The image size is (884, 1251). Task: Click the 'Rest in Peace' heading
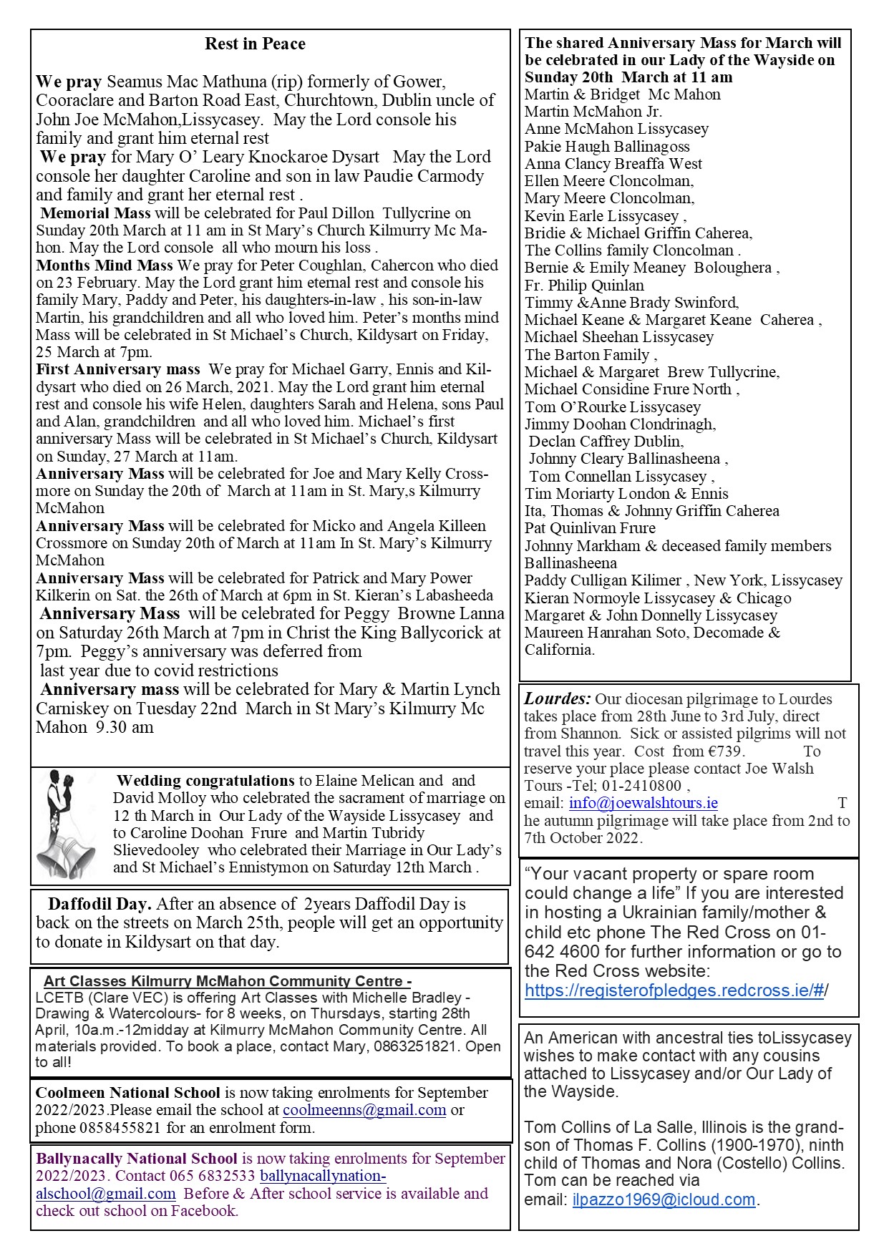pyautogui.click(x=255, y=44)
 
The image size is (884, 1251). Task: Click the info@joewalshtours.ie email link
pyautogui.click(x=643, y=803)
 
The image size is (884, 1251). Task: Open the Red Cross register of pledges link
pyautogui.click(x=676, y=990)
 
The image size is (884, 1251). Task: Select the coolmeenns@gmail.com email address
pyautogui.click(x=364, y=1110)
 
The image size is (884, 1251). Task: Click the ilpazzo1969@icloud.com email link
pyautogui.click(x=664, y=1199)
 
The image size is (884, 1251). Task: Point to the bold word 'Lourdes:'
pyautogui.click(x=558, y=698)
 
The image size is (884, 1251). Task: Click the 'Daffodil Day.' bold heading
pyautogui.click(x=99, y=904)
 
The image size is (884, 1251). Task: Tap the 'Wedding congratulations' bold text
pyautogui.click(x=205, y=780)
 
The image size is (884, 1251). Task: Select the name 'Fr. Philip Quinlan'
pyautogui.click(x=584, y=285)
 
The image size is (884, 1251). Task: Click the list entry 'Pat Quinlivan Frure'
pyautogui.click(x=590, y=528)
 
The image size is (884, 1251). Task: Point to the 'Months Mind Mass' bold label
pyautogui.click(x=105, y=265)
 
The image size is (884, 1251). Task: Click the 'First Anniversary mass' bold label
pyautogui.click(x=118, y=369)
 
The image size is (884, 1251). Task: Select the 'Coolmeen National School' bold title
pyautogui.click(x=128, y=1093)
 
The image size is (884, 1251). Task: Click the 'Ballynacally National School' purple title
pyautogui.click(x=137, y=1158)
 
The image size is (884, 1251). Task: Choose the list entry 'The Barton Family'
pyautogui.click(x=588, y=355)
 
